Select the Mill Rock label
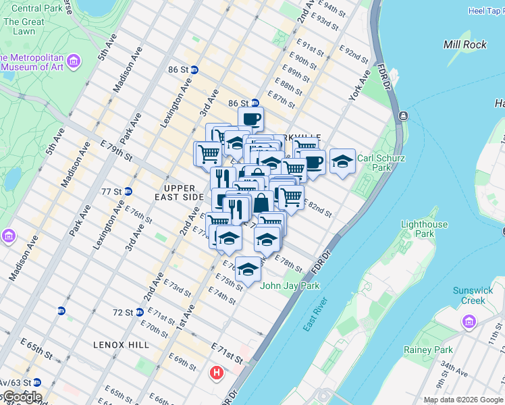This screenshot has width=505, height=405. tap(464, 45)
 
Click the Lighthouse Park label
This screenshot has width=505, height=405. tap(424, 229)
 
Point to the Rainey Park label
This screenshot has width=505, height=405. tap(427, 350)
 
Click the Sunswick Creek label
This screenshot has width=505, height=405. tap(473, 295)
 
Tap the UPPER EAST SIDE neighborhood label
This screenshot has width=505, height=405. tap(184, 192)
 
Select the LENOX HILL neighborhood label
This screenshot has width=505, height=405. tap(122, 345)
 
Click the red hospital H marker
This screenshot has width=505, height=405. tap(217, 372)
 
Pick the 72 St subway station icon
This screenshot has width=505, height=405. tap(139, 313)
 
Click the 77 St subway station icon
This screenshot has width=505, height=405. tap(128, 192)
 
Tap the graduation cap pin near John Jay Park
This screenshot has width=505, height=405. tap(248, 269)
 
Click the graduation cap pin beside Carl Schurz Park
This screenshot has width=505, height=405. tap(342, 161)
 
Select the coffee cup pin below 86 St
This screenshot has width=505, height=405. tap(251, 119)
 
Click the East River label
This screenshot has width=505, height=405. tap(315, 314)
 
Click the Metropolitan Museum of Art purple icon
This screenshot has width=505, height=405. tap(73, 63)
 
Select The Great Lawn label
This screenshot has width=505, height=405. tap(20, 26)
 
